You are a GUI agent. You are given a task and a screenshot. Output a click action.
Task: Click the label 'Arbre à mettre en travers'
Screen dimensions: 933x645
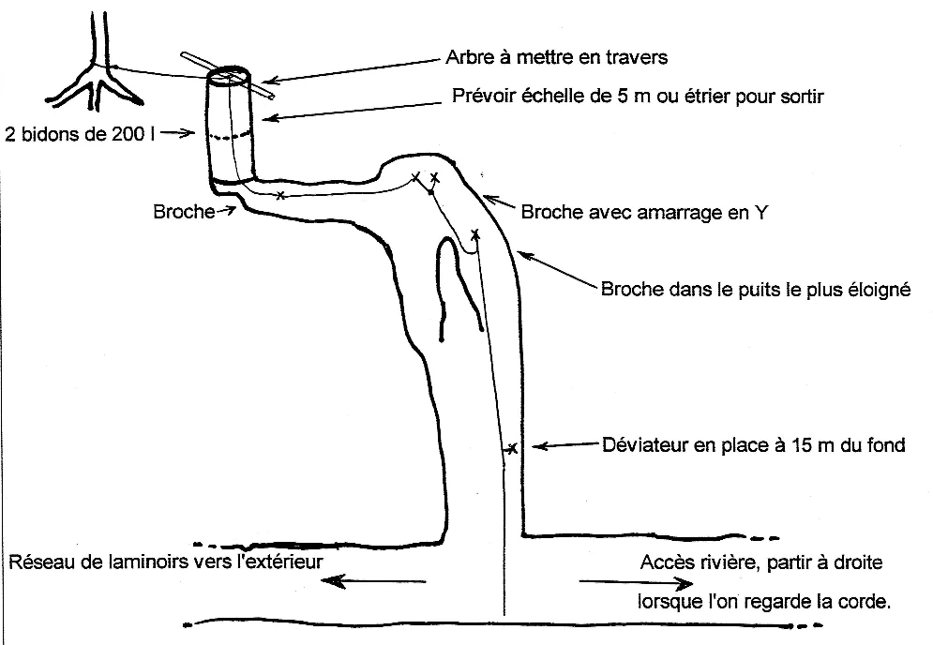click(x=556, y=57)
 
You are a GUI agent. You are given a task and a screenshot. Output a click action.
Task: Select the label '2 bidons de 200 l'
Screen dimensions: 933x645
click(x=81, y=134)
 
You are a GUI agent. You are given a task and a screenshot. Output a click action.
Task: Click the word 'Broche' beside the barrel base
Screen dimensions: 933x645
click(x=184, y=212)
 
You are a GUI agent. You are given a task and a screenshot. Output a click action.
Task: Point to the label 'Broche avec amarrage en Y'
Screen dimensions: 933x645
click(x=644, y=213)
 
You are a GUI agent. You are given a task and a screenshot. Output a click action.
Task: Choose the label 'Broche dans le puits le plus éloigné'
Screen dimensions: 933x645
click(x=756, y=289)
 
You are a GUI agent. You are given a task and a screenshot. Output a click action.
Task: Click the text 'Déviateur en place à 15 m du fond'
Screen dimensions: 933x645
click(x=754, y=445)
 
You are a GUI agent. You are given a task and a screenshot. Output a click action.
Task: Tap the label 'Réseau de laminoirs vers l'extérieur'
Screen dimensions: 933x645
click(x=166, y=562)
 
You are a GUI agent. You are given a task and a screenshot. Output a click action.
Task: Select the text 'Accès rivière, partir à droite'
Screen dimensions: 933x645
click(x=761, y=562)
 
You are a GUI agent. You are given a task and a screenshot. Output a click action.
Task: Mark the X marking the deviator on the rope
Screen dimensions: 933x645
click(x=511, y=448)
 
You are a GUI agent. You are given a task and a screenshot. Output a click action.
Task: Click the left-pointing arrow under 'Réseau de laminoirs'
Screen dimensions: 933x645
click(x=374, y=580)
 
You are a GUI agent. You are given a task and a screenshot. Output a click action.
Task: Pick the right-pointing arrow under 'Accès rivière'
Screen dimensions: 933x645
click(x=636, y=582)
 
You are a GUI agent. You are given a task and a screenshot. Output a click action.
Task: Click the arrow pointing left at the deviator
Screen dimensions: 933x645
click(x=564, y=444)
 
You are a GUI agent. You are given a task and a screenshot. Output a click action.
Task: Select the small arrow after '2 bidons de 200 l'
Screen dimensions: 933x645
click(x=177, y=133)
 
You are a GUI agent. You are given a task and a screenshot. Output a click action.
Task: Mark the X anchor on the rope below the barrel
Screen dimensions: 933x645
click(x=280, y=195)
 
